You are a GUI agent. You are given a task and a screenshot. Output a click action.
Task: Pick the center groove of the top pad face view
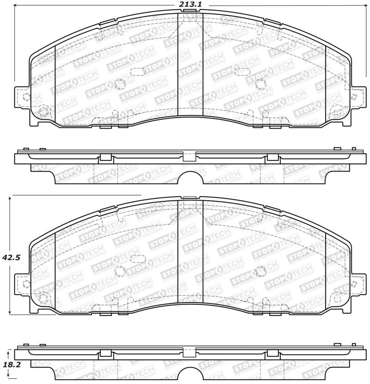[191, 65]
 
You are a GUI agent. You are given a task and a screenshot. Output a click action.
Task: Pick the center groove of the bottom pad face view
[191, 254]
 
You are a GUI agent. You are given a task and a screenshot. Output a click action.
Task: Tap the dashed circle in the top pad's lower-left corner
[43, 111]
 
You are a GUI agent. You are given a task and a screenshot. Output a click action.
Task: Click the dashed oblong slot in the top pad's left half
[137, 71]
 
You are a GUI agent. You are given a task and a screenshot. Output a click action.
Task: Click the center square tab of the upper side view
[189, 156]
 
